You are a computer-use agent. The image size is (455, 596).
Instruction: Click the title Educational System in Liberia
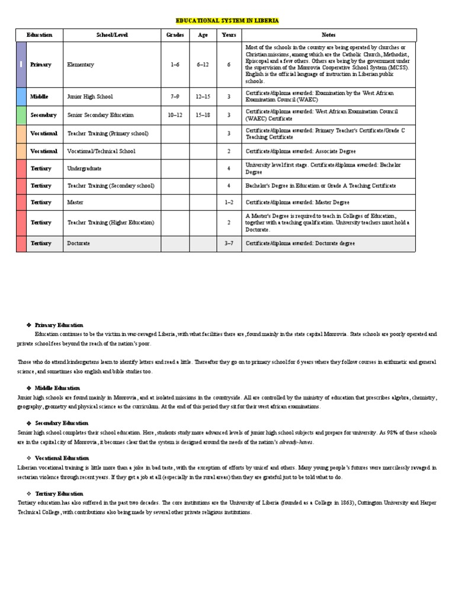click(227, 21)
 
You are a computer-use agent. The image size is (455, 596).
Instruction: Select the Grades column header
click(175, 35)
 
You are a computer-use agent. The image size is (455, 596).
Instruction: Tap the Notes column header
click(328, 35)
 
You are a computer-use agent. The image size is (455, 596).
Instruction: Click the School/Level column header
click(112, 35)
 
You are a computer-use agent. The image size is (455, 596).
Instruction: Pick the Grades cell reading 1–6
click(175, 65)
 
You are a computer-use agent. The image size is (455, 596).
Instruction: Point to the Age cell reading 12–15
click(203, 97)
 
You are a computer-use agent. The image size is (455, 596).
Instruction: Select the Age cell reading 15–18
click(203, 115)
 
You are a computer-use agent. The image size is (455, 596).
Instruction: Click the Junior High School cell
click(90, 97)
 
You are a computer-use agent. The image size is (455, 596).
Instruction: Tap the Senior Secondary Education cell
click(101, 115)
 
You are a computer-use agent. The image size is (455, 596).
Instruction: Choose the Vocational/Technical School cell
click(101, 151)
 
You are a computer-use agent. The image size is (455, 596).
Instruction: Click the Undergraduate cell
click(84, 169)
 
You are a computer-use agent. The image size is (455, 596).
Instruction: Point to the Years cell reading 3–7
click(229, 243)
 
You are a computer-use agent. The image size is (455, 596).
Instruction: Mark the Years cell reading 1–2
click(229, 203)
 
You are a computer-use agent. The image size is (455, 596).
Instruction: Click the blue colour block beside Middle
click(21, 97)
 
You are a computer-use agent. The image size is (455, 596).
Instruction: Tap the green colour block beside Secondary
click(21, 115)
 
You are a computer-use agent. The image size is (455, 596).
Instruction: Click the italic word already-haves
click(296, 442)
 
